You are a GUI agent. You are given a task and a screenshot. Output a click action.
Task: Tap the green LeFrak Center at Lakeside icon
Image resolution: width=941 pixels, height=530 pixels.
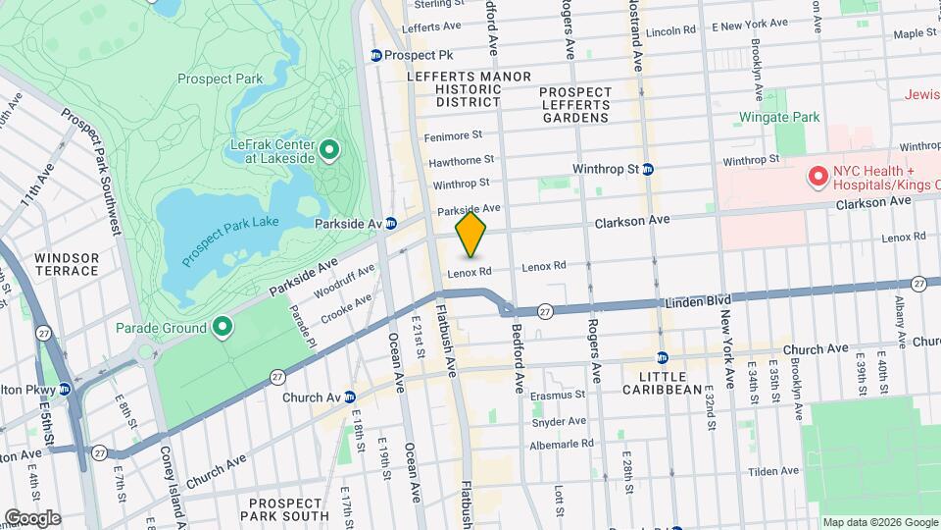330,150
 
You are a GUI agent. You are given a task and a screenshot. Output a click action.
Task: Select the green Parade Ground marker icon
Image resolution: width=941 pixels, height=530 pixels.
223,328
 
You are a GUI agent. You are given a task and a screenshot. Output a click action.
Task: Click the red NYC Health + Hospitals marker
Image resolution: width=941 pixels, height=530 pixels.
816,177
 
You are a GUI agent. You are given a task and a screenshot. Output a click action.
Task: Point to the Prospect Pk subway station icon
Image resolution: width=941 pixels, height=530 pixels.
376,55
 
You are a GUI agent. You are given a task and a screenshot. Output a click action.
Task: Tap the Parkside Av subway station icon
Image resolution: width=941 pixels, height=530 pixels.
391,224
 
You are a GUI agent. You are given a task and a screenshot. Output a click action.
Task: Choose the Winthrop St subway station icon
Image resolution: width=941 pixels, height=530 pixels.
648,169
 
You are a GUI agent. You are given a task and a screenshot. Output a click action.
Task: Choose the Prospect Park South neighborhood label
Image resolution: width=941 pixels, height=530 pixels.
283,508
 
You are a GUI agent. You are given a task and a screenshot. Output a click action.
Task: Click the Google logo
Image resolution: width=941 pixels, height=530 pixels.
32,518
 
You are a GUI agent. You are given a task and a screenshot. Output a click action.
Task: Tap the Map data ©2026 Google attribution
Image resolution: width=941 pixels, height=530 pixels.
879,522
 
